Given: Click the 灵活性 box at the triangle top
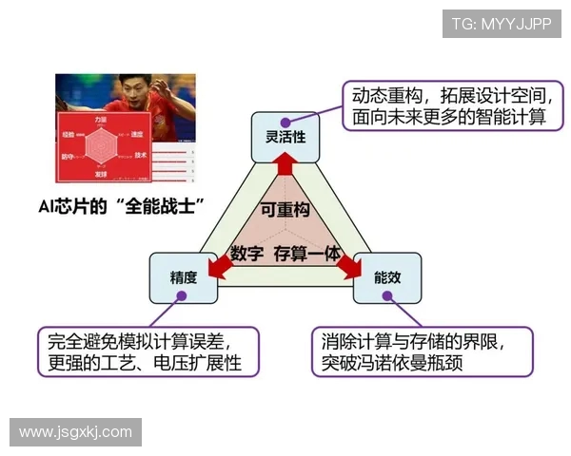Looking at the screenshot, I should point(285,136).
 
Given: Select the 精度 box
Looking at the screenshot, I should point(183,277).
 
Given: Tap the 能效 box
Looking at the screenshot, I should point(386,277).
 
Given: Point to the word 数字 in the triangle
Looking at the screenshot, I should point(246,254).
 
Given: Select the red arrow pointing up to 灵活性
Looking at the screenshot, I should point(285,168).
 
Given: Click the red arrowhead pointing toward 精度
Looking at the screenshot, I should point(219,272).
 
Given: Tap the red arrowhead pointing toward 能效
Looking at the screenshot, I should point(351,272).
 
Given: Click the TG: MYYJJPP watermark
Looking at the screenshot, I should point(501,24).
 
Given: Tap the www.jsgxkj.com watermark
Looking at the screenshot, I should point(76,431).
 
